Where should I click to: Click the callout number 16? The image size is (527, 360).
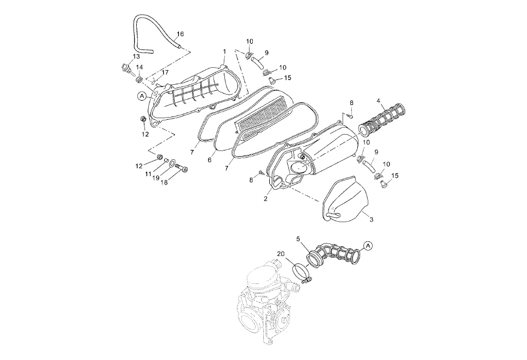coord(181,34)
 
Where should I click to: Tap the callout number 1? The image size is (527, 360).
coord(224,51)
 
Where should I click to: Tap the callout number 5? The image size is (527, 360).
coord(298,239)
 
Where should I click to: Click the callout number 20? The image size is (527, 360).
coord(281,254)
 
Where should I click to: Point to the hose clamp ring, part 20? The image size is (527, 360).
coord(300,271)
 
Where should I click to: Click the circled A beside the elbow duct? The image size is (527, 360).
coord(368,246)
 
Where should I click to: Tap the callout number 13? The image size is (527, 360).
coord(136,56)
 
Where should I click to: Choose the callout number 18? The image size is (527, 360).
coord(164,182)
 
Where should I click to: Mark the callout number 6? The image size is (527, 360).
coord(210,160)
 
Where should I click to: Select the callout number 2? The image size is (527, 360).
coord(265,199)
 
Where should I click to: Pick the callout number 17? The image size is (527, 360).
coord(165,72)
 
